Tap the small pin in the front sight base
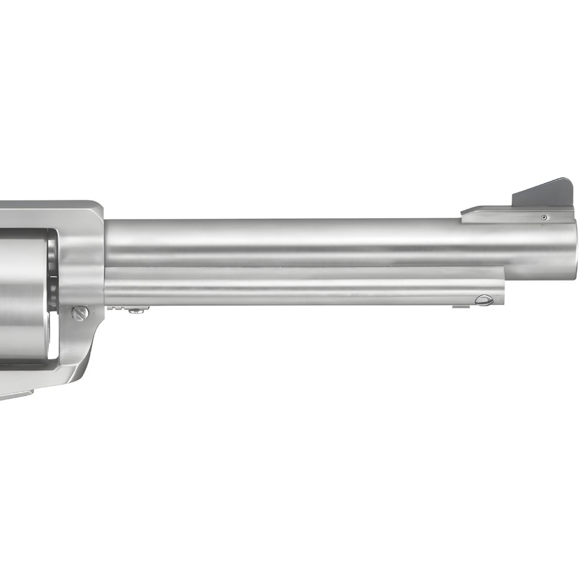pyautogui.click(x=545, y=217)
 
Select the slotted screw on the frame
pyautogui.click(x=80, y=313)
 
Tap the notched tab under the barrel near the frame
pyautogui.click(x=117, y=307)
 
